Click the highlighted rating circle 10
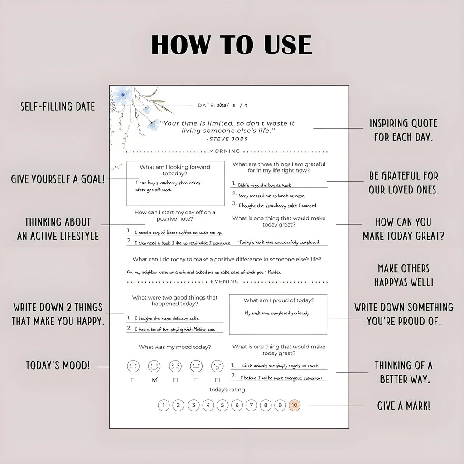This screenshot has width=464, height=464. coord(295,406)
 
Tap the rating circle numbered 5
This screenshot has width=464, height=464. coord(222,406)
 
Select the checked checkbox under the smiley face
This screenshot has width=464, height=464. coord(155,380)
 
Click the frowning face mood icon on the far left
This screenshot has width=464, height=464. coord(133,366)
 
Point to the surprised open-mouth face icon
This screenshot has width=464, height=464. coord(217,366)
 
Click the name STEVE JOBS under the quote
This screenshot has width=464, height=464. coord(227,139)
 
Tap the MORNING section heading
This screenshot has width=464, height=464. coord(225,151)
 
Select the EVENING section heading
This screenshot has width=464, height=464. coord(225,281)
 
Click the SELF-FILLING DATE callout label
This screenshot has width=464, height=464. coord(58,106)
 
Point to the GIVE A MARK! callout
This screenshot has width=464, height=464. coord(404,406)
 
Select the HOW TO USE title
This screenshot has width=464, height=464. coord(232,45)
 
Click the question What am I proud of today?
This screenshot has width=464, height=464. coord(279,300)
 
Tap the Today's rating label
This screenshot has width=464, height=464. coord(227,390)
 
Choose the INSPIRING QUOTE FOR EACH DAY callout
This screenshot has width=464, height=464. coord(403,130)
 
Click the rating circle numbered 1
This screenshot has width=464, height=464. coord(164,406)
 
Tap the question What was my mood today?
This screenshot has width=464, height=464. coord(174,347)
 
